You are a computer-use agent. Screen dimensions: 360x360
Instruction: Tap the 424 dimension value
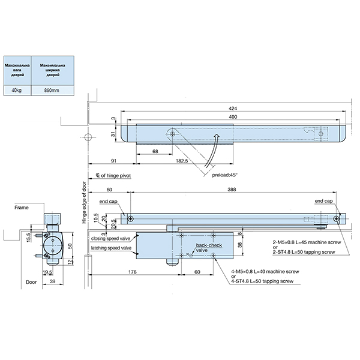point(232,108)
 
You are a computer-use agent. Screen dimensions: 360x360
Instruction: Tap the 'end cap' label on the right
point(323,201)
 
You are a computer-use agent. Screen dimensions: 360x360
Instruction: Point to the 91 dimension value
point(113,161)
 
